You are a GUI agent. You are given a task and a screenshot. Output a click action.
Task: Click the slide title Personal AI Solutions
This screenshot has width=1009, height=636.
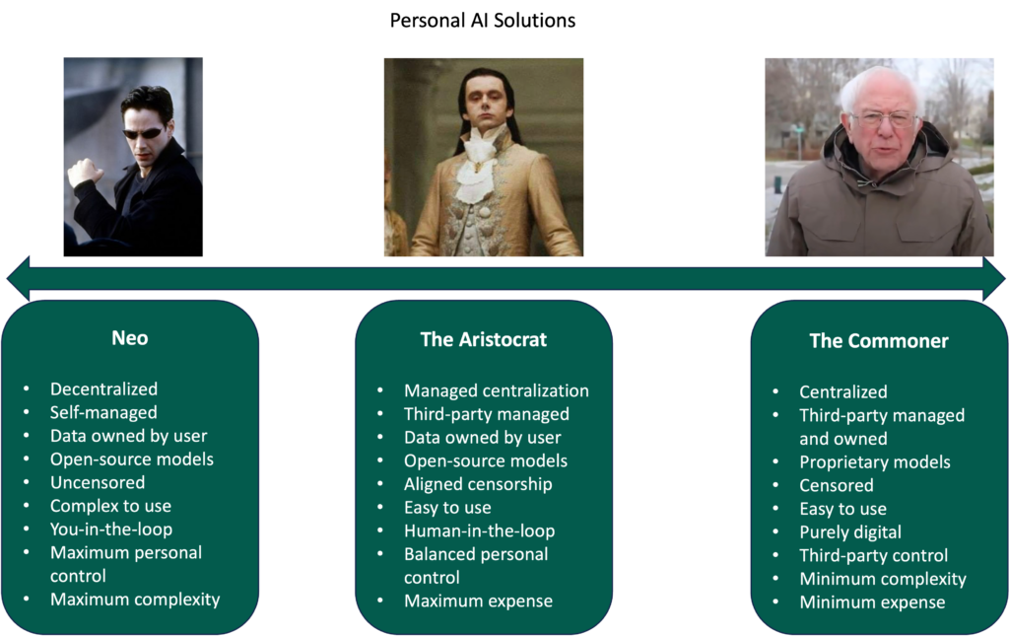[x=483, y=21]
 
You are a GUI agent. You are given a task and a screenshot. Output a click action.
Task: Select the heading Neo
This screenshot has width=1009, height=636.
[x=130, y=338]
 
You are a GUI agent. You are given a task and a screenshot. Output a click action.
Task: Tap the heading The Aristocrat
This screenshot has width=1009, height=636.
[x=483, y=339]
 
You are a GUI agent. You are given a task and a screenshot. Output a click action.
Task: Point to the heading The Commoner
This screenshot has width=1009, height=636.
[x=878, y=340]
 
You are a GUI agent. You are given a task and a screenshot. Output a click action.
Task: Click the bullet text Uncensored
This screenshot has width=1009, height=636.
[x=98, y=482]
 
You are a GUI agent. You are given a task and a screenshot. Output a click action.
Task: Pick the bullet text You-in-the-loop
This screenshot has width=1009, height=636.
[x=111, y=530]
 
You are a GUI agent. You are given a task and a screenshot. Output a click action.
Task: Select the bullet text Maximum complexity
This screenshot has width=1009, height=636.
[x=135, y=600]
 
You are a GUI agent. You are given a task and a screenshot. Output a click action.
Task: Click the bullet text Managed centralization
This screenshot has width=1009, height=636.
[x=497, y=390]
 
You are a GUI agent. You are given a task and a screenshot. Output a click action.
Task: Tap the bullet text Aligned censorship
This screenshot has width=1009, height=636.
[x=478, y=484]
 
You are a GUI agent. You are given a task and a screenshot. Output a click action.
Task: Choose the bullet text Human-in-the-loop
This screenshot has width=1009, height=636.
[x=480, y=530]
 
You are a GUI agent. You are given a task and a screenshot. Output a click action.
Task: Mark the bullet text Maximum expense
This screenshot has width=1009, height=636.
[x=478, y=601]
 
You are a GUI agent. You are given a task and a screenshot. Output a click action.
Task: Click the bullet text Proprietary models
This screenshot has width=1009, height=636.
[x=875, y=462]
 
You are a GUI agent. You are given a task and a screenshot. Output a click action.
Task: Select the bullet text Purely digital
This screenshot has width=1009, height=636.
[x=850, y=532]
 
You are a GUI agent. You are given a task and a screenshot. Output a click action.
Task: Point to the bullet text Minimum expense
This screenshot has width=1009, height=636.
[x=872, y=602]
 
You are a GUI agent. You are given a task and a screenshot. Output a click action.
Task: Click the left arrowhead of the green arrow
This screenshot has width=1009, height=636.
[x=18, y=278]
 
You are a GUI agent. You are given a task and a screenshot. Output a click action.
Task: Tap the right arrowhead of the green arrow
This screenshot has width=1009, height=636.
[x=994, y=278]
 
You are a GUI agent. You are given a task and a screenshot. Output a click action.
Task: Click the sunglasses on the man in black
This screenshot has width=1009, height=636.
[x=143, y=133]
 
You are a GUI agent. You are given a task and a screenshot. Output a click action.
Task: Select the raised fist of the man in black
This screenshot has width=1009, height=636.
[x=85, y=173]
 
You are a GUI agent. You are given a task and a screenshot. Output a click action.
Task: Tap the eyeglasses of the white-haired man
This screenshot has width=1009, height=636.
[x=884, y=119]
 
